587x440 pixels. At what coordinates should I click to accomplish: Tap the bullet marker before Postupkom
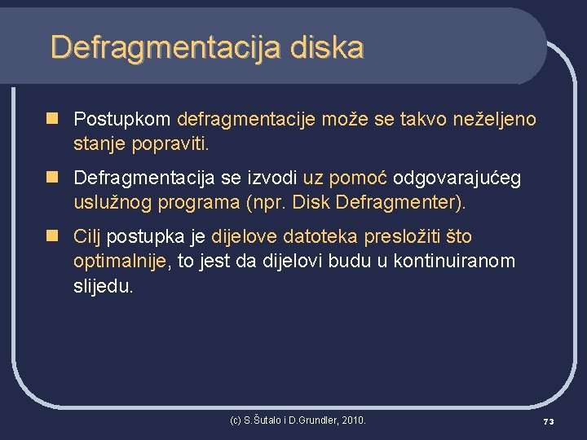pyautogui.click(x=53, y=119)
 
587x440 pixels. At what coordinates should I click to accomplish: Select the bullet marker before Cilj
pyautogui.click(x=53, y=236)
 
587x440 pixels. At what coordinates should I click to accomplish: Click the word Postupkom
pyautogui.click(x=121, y=120)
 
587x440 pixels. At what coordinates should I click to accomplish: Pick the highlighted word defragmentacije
pyautogui.click(x=246, y=120)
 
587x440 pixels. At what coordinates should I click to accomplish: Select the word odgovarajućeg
pyautogui.click(x=457, y=178)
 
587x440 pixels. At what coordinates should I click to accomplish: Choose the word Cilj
pyautogui.click(x=88, y=237)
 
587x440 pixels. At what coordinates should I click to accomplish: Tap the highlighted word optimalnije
pyautogui.click(x=120, y=262)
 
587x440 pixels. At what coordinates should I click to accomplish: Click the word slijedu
pyautogui.click(x=103, y=286)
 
